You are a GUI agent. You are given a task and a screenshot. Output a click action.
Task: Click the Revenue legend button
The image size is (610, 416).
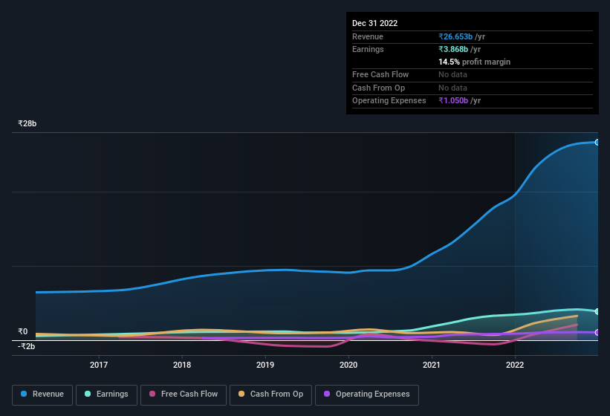(x=42, y=394)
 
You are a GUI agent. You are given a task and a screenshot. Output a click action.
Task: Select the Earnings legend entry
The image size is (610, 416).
(x=107, y=394)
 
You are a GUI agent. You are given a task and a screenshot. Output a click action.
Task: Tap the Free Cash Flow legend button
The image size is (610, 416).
(x=184, y=394)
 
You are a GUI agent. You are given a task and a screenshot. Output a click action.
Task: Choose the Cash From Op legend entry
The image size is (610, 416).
(x=270, y=394)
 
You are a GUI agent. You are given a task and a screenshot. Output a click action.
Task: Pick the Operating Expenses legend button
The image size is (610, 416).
(x=367, y=394)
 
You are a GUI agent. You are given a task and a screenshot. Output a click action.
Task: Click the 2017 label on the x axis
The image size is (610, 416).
(x=99, y=364)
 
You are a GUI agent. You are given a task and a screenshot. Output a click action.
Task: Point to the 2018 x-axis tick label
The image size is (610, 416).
(x=182, y=364)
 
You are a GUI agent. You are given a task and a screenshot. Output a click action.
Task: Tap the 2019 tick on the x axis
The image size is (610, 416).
(x=265, y=364)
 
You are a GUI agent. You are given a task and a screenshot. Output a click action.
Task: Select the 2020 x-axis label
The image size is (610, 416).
(x=348, y=364)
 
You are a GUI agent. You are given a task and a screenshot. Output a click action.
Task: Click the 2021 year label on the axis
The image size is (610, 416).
(x=432, y=364)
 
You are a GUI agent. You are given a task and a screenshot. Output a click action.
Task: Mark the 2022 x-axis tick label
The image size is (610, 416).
(x=515, y=364)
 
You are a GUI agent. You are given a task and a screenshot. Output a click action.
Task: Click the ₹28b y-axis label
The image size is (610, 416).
(x=27, y=123)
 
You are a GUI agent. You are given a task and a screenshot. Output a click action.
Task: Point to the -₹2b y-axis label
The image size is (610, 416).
(x=26, y=346)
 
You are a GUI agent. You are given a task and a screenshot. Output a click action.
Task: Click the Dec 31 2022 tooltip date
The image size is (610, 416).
(x=374, y=23)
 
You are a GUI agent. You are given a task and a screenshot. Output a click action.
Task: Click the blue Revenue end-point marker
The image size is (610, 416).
(x=597, y=142)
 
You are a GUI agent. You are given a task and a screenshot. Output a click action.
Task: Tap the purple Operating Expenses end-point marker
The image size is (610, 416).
(x=597, y=332)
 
